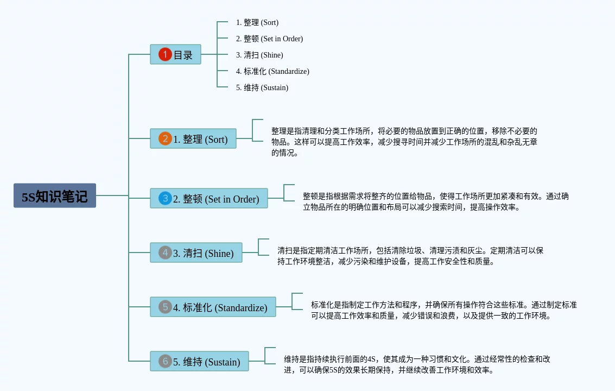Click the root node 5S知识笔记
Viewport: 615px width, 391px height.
pyautogui.click(x=55, y=195)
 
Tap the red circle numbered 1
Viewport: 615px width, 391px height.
pyautogui.click(x=165, y=54)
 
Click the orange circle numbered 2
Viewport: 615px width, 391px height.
pyautogui.click(x=165, y=138)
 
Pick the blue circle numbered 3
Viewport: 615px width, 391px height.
pyautogui.click(x=165, y=198)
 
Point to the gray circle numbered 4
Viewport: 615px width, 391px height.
pyautogui.click(x=165, y=253)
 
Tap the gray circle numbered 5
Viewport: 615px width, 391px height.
pyautogui.click(x=165, y=307)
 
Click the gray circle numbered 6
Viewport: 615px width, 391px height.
pyautogui.click(x=165, y=361)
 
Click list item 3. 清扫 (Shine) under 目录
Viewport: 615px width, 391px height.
pyautogui.click(x=259, y=55)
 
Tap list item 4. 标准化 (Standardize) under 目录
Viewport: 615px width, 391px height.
pyautogui.click(x=272, y=71)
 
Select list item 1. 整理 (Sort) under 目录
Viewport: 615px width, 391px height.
pyautogui.click(x=257, y=22)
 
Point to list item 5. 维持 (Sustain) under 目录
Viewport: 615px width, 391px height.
pyautogui.click(x=262, y=87)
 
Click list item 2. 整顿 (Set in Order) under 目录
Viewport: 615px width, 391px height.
pyautogui.click(x=269, y=39)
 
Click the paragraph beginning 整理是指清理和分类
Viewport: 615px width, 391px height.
pyautogui.click(x=404, y=142)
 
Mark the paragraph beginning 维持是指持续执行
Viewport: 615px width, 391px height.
pyautogui.click(x=417, y=364)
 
